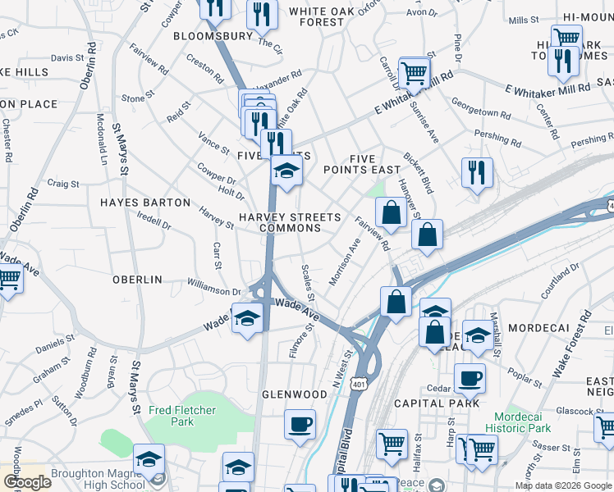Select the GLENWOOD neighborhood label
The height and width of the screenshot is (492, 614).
click(295, 394)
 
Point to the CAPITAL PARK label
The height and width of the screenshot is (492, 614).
click(437, 403)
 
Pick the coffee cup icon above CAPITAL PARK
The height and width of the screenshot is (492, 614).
click(470, 378)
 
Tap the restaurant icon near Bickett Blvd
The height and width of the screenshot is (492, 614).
click(477, 172)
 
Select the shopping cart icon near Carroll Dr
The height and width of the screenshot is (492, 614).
click(415, 72)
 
